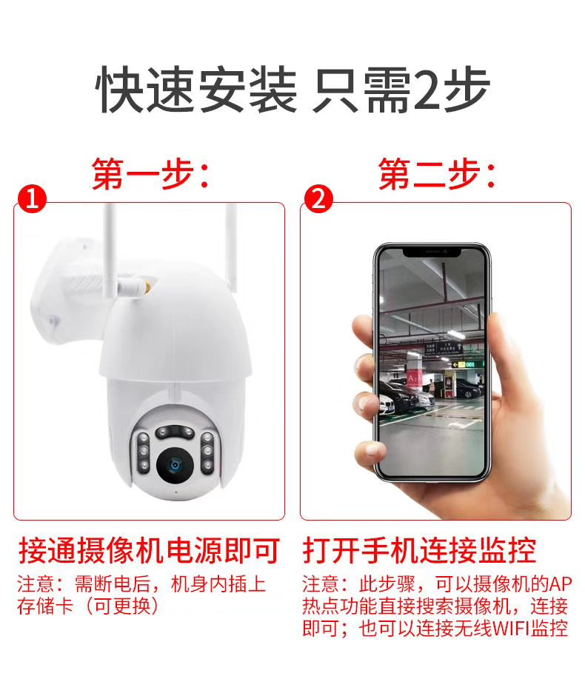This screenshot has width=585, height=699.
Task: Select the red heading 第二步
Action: (x=436, y=173)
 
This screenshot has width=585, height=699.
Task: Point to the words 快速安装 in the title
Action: (x=198, y=91)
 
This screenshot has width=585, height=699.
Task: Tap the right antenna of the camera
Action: (x=230, y=244)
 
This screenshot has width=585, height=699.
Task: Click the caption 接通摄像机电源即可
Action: (x=149, y=551)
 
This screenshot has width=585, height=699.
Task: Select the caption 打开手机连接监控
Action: (x=419, y=551)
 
